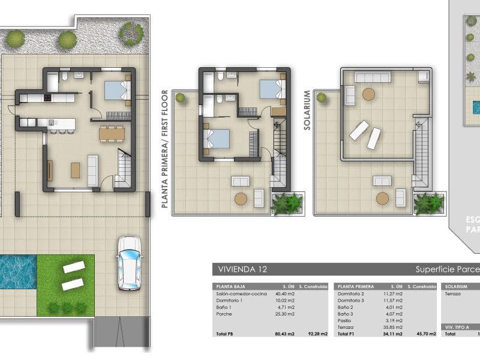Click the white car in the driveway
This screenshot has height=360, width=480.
(129, 263)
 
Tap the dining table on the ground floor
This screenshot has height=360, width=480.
(112, 133)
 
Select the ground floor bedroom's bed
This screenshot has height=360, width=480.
(117, 90)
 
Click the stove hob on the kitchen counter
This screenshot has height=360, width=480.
(46, 98)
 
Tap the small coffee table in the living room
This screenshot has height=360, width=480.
(76, 170)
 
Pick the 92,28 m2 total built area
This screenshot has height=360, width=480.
(317, 334)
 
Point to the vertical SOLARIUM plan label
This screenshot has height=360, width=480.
(307, 104)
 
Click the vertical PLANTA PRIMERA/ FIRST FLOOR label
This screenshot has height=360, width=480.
(163, 149)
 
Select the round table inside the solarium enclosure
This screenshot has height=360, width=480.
(368, 94)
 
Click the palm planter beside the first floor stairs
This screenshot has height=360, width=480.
(287, 203)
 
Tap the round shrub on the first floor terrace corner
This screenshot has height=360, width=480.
(179, 97)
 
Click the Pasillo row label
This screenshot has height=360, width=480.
(346, 320)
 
